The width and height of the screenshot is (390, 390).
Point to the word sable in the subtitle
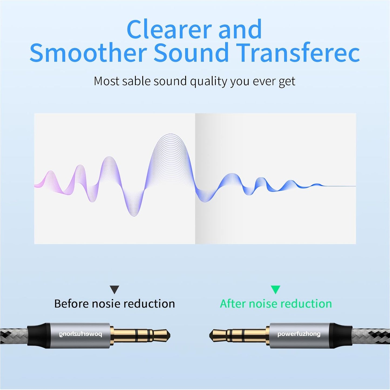point(136,81)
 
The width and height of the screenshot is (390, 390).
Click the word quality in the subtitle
point(208,82)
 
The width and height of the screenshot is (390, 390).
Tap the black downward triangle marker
point(114,290)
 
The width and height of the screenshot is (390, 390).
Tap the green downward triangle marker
point(275,290)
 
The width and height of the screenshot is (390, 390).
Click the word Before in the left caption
point(71,304)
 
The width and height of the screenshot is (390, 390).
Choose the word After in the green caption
point(233,304)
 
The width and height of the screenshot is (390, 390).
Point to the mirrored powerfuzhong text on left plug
point(80,334)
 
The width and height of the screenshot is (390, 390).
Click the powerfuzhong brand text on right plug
point(299,334)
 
